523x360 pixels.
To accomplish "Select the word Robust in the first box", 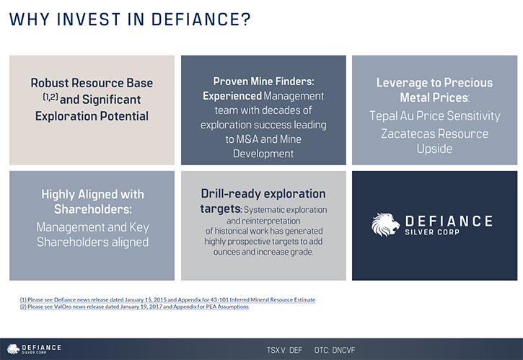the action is point(49,83).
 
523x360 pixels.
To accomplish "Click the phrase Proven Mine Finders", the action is point(263,81).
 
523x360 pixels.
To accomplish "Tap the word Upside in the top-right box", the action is point(434,149).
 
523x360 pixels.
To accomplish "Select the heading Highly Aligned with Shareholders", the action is point(93,201).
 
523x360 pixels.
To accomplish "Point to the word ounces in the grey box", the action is point(226,252).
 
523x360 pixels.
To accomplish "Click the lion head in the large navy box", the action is point(386,224).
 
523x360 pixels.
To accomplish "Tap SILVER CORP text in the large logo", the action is point(432,232).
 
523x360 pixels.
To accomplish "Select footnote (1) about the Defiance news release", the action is point(167,299).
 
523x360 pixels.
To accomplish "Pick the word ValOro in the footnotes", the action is point(63,307).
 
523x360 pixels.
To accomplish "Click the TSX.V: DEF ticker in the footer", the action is point(284,350).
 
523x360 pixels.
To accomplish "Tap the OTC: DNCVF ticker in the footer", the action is point(335,350).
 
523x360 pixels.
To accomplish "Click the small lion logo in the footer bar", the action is point(13,349).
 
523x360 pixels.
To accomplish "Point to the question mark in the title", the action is point(245,19).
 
